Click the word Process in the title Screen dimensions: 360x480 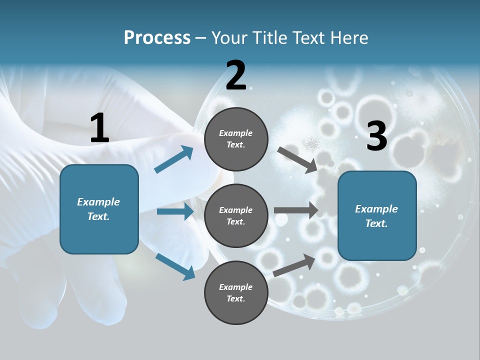click(x=157, y=38)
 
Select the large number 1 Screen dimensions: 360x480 click(x=99, y=128)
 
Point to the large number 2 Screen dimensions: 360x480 click(x=236, y=75)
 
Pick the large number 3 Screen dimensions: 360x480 click(x=376, y=136)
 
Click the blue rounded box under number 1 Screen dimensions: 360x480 click(x=99, y=209)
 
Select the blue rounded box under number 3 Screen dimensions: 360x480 click(x=377, y=216)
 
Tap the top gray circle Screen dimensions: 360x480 click(x=236, y=139)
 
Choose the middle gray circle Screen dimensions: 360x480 click(x=236, y=215)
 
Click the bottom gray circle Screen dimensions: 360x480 click(x=236, y=292)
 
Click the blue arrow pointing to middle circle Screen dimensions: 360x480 click(x=175, y=211)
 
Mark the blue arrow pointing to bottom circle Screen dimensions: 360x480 click(x=175, y=266)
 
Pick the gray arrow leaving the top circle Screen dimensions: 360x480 click(x=297, y=159)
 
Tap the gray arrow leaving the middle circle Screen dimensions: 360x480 click(x=296, y=210)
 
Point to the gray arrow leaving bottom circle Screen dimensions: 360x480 click(x=294, y=265)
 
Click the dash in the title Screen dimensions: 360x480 click(x=201, y=38)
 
